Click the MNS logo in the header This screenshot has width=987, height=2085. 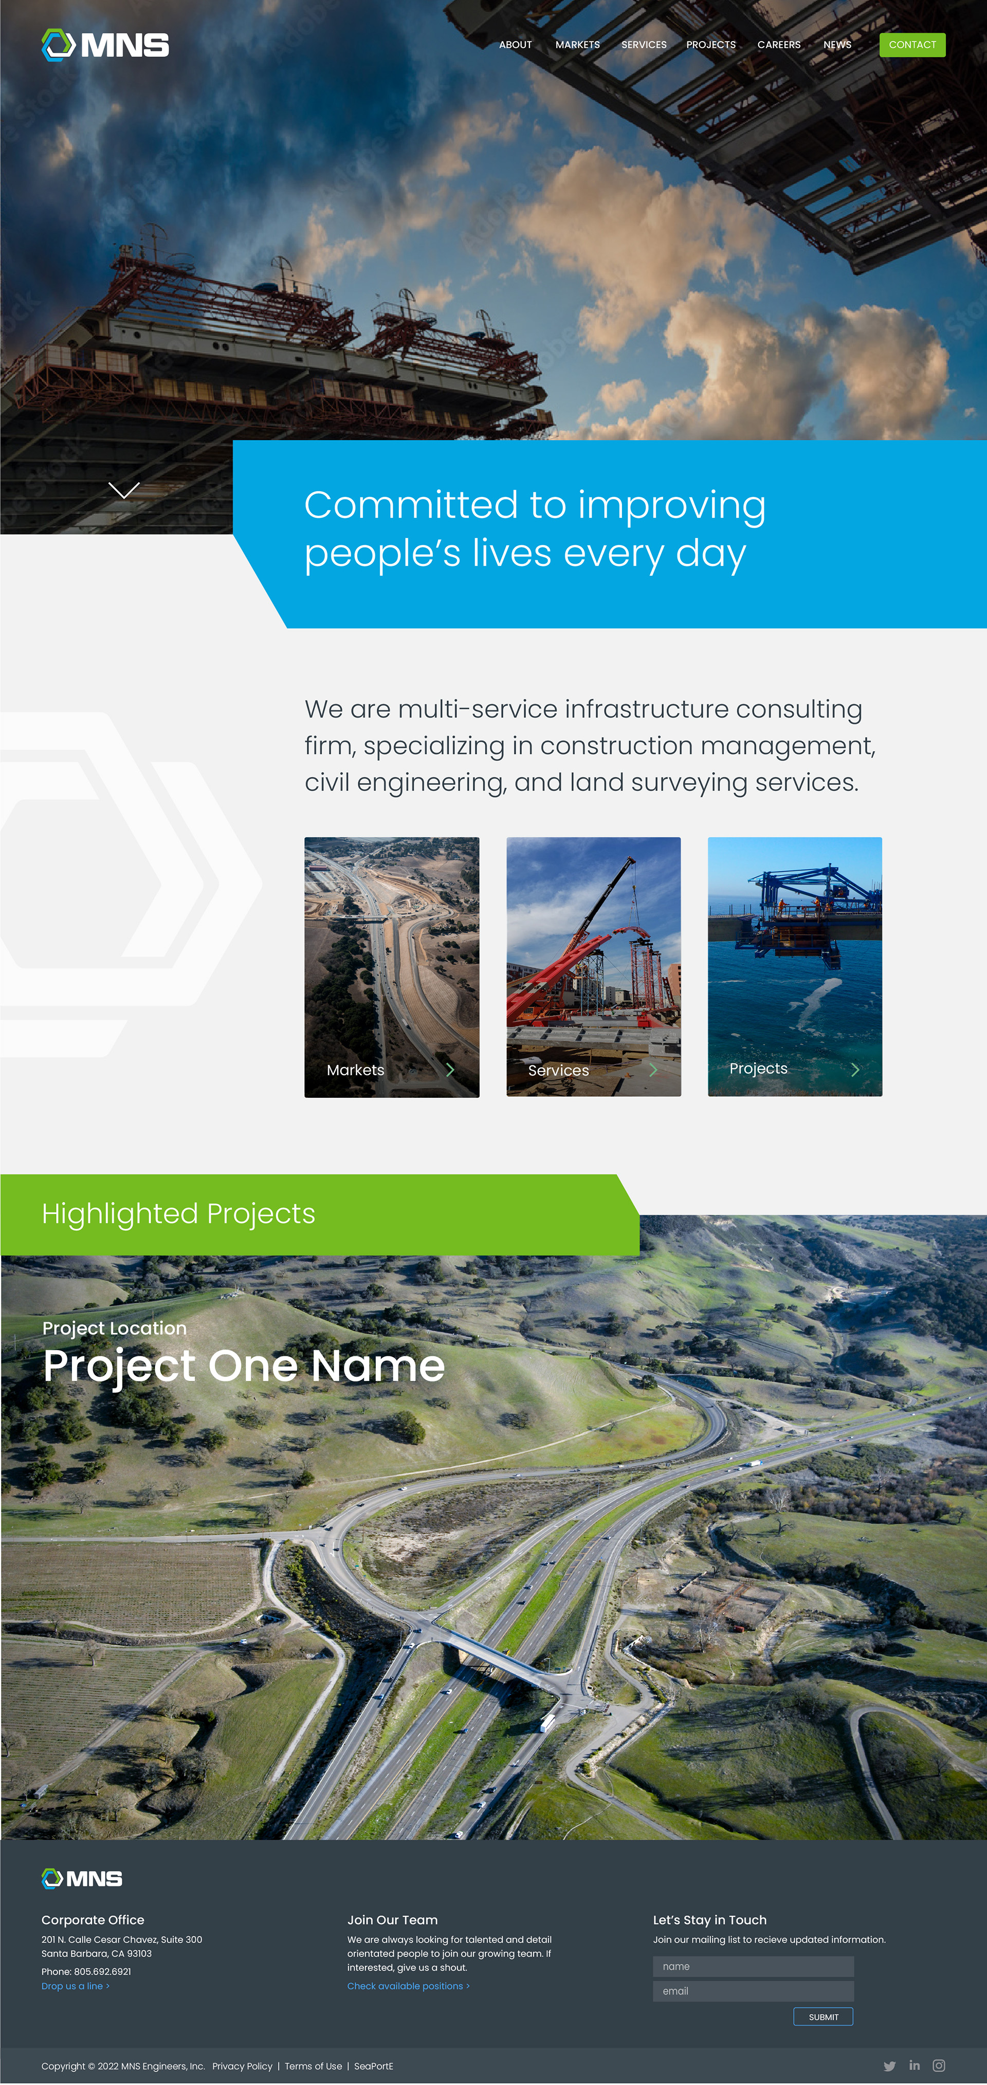click(x=105, y=45)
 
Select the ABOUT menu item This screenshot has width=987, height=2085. click(x=515, y=45)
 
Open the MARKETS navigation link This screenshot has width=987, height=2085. click(x=577, y=45)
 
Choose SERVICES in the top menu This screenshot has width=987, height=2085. click(x=644, y=45)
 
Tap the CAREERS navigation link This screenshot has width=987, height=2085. click(x=779, y=45)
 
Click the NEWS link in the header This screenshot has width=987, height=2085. click(x=837, y=45)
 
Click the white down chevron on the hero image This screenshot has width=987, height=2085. click(x=124, y=490)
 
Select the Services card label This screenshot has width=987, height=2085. click(x=559, y=1070)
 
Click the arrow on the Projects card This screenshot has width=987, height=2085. click(x=855, y=1069)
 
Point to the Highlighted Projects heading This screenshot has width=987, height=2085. click(x=178, y=1214)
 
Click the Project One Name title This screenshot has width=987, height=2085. click(x=244, y=1366)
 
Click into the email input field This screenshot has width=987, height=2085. click(x=753, y=1991)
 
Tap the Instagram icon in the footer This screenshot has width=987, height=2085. click(x=938, y=2065)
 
